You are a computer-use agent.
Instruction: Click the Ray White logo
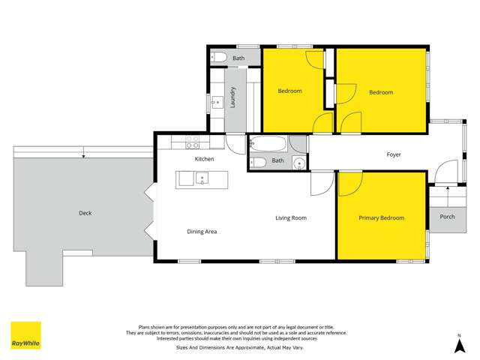(25, 335)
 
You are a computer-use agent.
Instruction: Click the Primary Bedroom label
(381, 218)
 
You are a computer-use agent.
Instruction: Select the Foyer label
(394, 155)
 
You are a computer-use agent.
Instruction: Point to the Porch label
(447, 217)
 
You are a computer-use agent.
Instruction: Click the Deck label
(85, 213)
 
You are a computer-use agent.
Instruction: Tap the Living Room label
(291, 218)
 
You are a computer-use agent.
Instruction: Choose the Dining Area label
(202, 232)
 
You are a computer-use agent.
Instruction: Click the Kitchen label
(205, 159)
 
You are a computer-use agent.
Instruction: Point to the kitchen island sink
(202, 178)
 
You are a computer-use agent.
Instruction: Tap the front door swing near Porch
(445, 172)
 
